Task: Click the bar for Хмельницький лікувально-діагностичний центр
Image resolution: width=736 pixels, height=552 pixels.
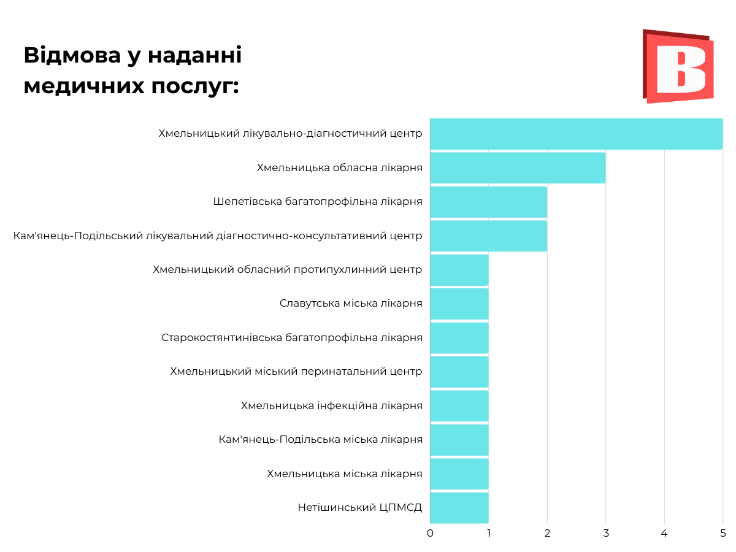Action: [576, 134]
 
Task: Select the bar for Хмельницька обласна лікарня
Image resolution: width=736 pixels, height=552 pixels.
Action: [518, 167]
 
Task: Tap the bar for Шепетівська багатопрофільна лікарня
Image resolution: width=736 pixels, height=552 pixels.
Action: [488, 202]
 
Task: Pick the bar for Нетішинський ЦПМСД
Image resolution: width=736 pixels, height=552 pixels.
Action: [459, 508]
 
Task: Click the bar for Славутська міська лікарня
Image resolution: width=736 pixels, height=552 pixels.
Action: [459, 304]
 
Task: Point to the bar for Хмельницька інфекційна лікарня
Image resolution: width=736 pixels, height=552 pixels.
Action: [459, 405]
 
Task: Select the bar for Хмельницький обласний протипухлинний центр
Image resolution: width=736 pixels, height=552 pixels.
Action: [459, 270]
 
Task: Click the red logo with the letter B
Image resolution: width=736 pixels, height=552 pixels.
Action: [678, 66]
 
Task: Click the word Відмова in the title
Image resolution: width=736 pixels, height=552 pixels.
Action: [72, 55]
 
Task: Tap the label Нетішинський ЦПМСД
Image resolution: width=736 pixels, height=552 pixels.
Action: [360, 508]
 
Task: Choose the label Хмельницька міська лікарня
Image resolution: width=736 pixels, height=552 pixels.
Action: [345, 473]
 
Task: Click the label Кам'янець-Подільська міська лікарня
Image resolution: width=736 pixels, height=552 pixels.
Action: [320, 440]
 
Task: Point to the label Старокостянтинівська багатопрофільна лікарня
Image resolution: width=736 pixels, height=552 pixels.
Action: [292, 338]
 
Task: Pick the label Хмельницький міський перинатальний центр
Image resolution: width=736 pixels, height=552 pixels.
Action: [296, 372]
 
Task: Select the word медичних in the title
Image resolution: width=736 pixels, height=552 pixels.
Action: [83, 86]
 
